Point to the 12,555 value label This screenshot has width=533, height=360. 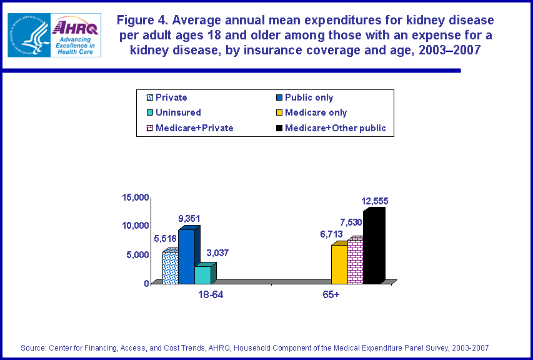coord(375,201)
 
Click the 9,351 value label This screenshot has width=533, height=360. coord(189,218)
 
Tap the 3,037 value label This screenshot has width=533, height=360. coord(217,253)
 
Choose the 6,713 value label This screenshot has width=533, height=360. coord(331,234)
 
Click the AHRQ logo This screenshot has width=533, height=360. coord(76,35)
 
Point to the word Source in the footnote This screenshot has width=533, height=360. coord(34,347)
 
